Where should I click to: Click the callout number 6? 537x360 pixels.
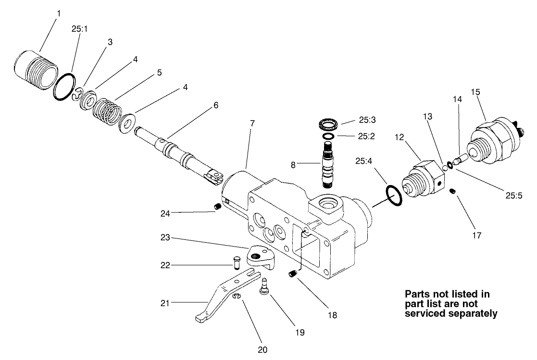coord(216,105)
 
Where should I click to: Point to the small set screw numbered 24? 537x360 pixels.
coord(217,207)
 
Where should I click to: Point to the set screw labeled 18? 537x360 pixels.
coord(291,274)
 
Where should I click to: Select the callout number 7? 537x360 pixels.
coord(253,123)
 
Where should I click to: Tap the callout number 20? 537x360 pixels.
coord(262,349)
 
